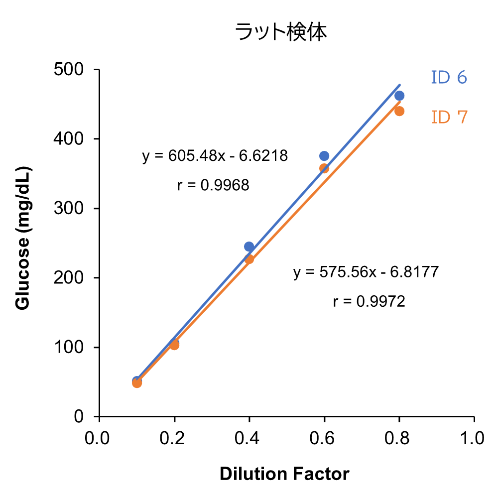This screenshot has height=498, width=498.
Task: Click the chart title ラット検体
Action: coord(281,33)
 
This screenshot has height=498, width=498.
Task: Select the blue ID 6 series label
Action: coord(449,78)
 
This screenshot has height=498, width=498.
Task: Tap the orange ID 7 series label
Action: coord(449,117)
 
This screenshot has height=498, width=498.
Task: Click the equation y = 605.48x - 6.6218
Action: coord(215,156)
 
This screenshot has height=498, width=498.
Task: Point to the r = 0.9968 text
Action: coord(213,185)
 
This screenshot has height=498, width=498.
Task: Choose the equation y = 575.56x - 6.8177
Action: coord(366,272)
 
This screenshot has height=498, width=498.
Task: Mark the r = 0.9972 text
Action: coord(369,301)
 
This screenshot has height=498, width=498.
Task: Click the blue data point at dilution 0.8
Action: coord(399,96)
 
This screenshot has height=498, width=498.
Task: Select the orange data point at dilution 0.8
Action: coord(399,111)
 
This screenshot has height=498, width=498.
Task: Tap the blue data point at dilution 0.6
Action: coord(324,156)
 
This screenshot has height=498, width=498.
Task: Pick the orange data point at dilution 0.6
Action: coord(324,168)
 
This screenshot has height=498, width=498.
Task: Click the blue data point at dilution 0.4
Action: coord(249,247)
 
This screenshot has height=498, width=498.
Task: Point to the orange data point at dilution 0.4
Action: coord(249,259)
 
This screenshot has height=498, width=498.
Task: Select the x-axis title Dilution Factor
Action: coord(284,474)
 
